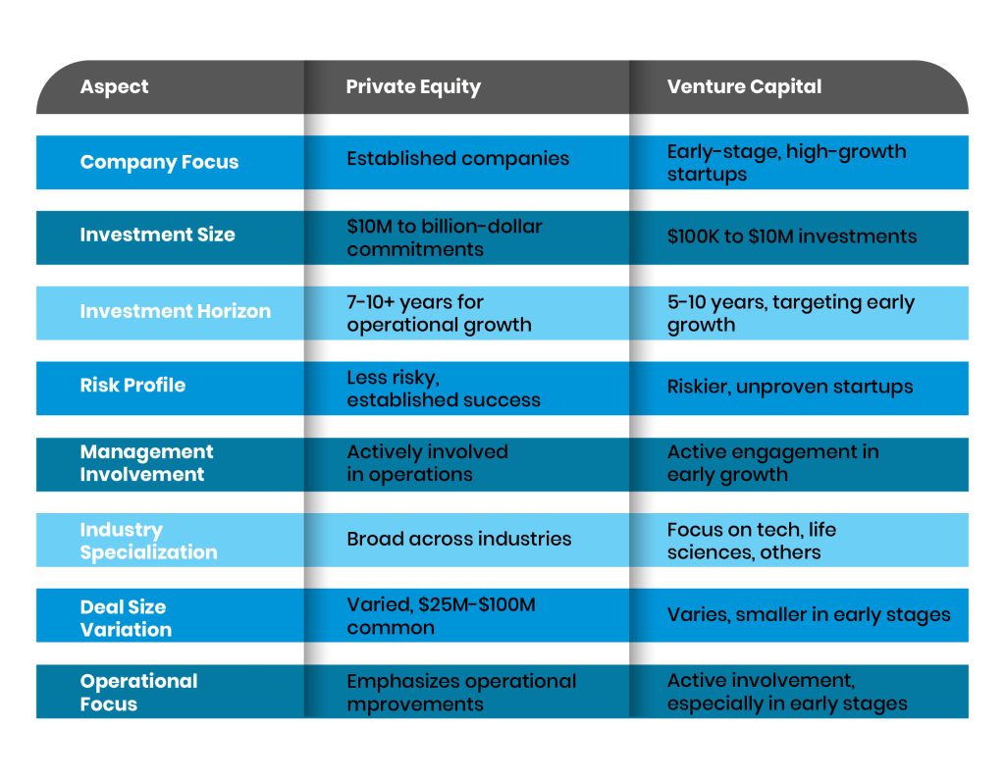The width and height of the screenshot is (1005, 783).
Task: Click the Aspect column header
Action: pyautogui.click(x=114, y=86)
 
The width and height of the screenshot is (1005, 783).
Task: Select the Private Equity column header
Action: pyautogui.click(x=413, y=86)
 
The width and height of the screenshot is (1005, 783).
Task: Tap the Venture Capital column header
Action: pyautogui.click(x=744, y=86)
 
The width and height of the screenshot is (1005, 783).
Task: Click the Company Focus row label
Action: pyautogui.click(x=159, y=162)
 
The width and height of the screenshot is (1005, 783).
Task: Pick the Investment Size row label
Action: pyautogui.click(x=157, y=235)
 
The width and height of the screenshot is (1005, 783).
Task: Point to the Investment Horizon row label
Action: pyautogui.click(x=175, y=311)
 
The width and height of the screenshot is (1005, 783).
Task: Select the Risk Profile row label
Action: pyautogui.click(x=132, y=385)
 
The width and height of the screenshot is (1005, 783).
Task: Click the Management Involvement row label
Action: pyautogui.click(x=146, y=463)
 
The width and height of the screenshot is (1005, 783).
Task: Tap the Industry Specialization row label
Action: pyautogui.click(x=148, y=541)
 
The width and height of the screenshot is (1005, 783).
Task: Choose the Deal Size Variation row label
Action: pyautogui.click(x=126, y=618)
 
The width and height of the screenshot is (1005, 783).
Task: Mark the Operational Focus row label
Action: pyautogui.click(x=138, y=692)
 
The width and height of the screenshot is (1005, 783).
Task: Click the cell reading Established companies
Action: pyautogui.click(x=457, y=158)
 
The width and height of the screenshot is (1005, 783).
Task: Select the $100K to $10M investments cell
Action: pyautogui.click(x=792, y=235)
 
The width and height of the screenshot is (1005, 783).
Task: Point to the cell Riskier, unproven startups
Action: pyautogui.click(x=790, y=386)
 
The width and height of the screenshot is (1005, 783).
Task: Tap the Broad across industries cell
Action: pyautogui.click(x=458, y=538)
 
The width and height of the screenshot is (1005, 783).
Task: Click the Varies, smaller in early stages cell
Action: pyautogui.click(x=809, y=614)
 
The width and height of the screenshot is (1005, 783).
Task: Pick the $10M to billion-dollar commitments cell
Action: pyautogui.click(x=444, y=237)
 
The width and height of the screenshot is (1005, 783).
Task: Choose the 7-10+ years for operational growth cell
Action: pyautogui.click(x=439, y=313)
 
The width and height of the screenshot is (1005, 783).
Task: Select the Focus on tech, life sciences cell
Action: pyautogui.click(x=752, y=541)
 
